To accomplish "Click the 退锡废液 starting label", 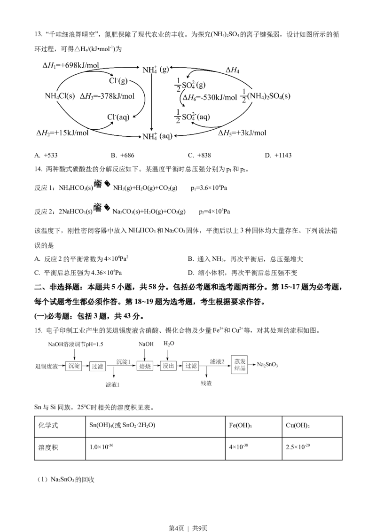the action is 47,366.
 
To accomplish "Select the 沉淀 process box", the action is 74,366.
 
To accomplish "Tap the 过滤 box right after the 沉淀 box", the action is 97,366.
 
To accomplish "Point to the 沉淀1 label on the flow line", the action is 123,361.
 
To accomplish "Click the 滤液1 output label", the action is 113,385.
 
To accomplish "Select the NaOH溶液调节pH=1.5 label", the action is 75,344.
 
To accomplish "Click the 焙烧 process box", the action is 145,366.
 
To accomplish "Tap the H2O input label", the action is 169,344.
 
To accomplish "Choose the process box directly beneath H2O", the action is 168,366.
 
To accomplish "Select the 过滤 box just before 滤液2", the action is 190,366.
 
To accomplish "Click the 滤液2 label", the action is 218,361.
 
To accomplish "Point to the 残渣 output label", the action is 206,383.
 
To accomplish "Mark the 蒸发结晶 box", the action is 239,364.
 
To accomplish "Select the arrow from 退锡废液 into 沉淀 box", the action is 62,366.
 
